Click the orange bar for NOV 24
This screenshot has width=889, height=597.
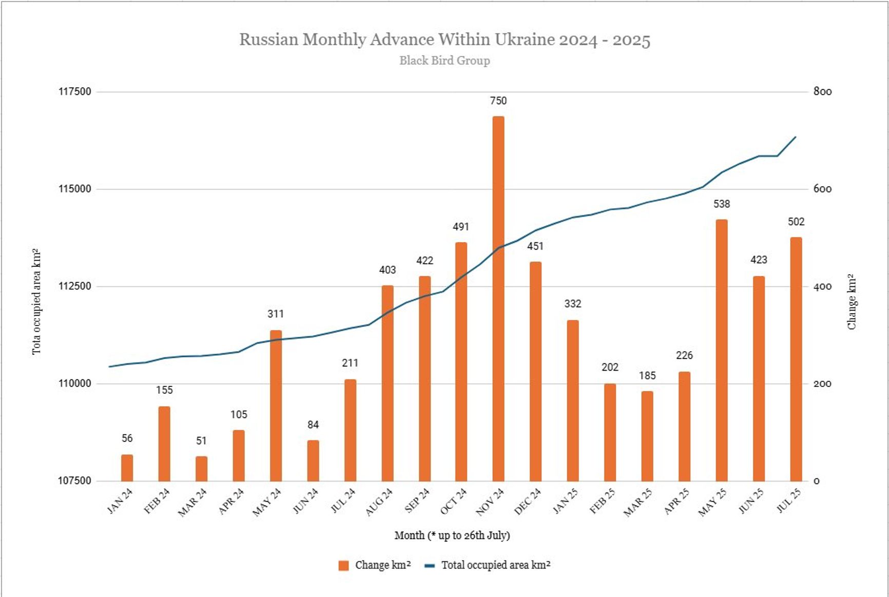(498, 298)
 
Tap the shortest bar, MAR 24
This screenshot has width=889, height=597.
(201, 468)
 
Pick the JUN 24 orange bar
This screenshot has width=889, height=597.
(313, 460)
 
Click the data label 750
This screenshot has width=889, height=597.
(498, 101)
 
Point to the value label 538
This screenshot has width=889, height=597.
(721, 204)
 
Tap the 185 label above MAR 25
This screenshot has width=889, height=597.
(647, 376)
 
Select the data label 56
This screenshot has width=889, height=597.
(127, 438)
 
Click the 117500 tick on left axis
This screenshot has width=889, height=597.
(74, 92)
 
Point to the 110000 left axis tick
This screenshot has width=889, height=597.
(74, 383)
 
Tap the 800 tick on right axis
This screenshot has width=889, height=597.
(822, 92)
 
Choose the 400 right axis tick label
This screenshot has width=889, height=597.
(822, 286)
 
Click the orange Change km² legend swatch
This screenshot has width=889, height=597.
(343, 566)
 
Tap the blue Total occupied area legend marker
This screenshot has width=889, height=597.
(430, 566)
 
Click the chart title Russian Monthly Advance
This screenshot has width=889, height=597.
(444, 40)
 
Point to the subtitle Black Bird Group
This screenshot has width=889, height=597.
(444, 61)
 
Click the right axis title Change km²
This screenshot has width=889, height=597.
(852, 302)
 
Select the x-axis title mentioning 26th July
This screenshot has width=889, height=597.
(452, 535)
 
